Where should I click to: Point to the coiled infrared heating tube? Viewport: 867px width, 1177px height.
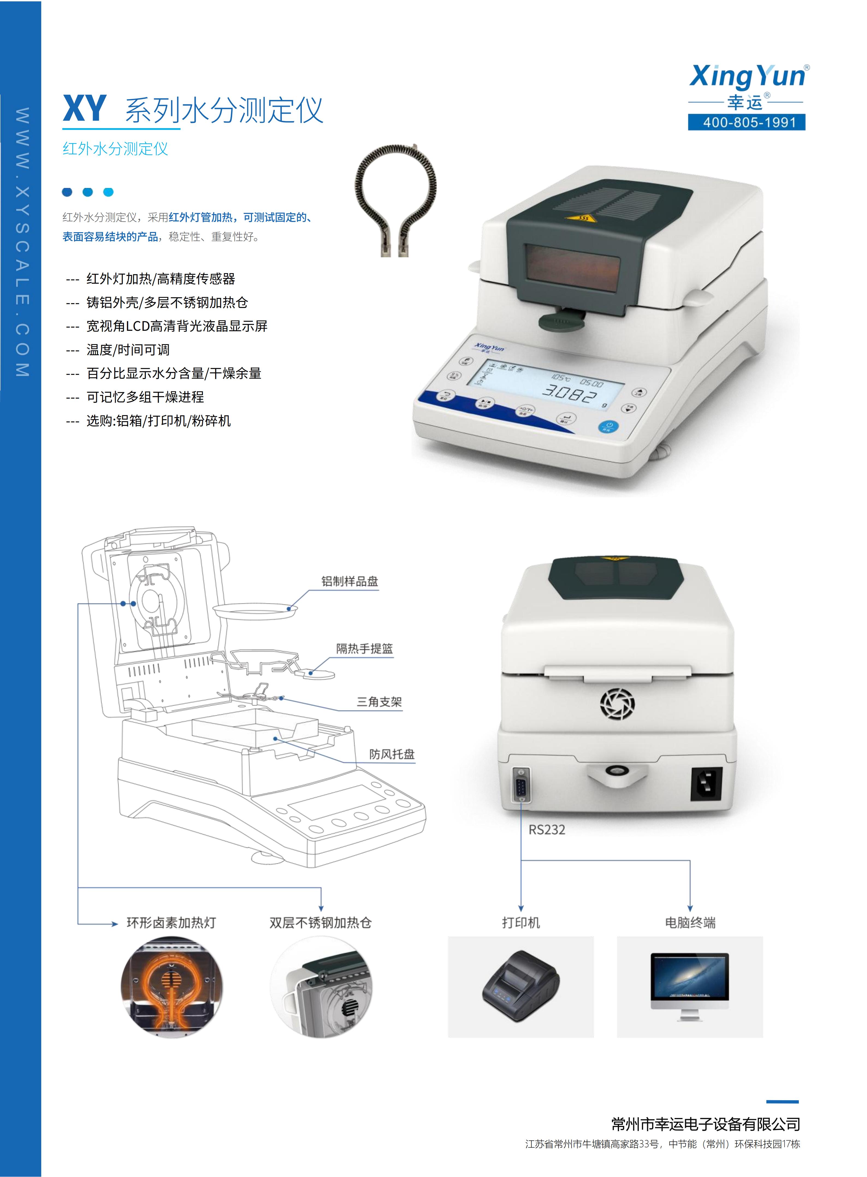click(x=396, y=199)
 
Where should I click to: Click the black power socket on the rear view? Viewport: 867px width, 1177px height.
click(x=706, y=784)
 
